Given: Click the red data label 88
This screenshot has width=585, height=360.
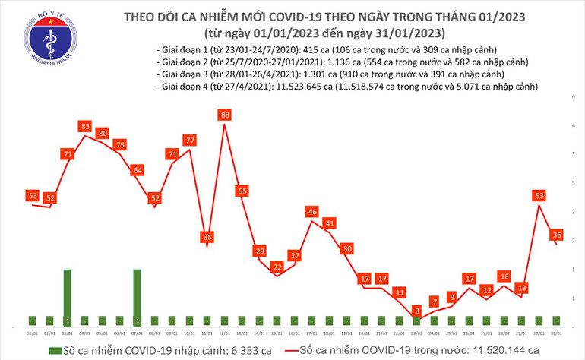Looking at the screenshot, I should pos(224,115).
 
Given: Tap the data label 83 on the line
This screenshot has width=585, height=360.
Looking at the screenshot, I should pos(84,126).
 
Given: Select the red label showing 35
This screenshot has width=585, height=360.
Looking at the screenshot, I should pos(207,237).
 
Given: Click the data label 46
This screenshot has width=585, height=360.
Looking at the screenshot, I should pos(311,211).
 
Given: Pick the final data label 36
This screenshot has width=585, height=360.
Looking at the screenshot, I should pos(557,235).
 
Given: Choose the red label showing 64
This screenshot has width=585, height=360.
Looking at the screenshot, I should pos(137,170).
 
